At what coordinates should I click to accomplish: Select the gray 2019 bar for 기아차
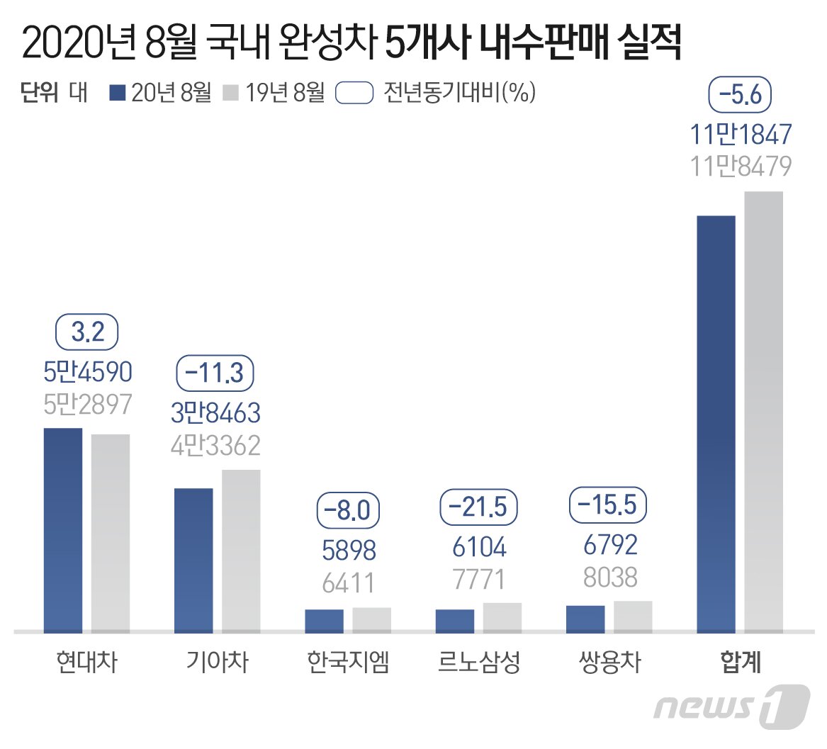[x=241, y=551]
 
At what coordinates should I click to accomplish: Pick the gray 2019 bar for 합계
[x=764, y=412]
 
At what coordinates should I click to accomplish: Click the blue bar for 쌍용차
[x=585, y=619]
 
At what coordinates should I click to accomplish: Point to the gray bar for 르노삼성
[x=502, y=617]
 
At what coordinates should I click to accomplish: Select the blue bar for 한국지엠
[x=324, y=621]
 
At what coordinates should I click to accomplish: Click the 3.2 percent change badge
[x=86, y=332]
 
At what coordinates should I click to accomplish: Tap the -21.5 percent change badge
[x=478, y=507]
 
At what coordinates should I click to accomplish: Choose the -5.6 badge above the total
[x=740, y=95]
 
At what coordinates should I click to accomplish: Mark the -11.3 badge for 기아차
[x=215, y=373]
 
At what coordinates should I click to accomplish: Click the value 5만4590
[x=88, y=372]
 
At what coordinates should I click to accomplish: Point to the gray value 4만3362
[x=215, y=446]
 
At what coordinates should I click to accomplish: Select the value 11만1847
[x=741, y=134]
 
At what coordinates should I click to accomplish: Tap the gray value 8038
[x=610, y=578]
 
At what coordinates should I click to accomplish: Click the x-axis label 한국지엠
[x=348, y=662]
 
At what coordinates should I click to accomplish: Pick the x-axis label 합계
[x=741, y=662]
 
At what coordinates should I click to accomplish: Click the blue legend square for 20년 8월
[x=118, y=93]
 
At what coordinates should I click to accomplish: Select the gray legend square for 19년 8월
[x=230, y=93]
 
